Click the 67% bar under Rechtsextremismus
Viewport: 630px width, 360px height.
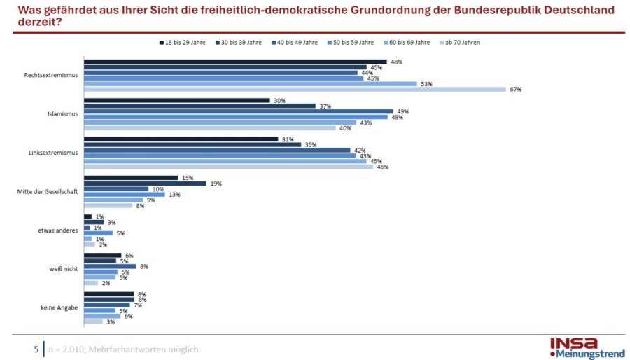tap(294, 89)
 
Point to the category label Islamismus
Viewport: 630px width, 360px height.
tap(64, 114)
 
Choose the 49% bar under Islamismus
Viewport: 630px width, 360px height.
tap(238, 111)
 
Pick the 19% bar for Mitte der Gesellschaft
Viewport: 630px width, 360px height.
tap(145, 184)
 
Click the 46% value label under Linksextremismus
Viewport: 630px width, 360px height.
tap(382, 167)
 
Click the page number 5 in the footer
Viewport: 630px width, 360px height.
tap(36, 349)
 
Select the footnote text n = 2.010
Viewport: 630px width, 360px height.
tap(69, 349)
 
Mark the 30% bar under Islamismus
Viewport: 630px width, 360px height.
tap(176, 100)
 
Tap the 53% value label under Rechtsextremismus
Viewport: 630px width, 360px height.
tap(426, 84)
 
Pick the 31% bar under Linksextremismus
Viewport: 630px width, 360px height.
tap(181, 139)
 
